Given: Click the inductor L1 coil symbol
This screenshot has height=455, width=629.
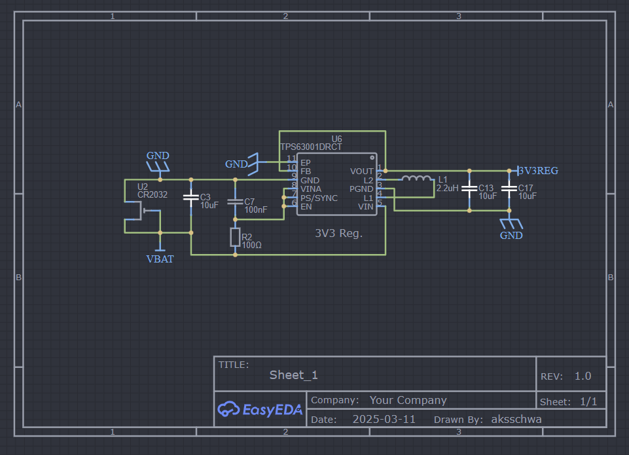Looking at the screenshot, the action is (417, 178).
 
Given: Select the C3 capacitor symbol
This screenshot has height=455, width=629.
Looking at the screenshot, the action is (191, 198).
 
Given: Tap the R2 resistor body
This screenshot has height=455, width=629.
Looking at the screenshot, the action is (235, 237).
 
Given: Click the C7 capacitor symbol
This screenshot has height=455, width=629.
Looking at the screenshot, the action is (235, 202).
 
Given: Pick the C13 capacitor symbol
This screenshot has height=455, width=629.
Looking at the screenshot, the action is (469, 188).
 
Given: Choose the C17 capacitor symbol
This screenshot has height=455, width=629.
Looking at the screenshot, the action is (509, 188).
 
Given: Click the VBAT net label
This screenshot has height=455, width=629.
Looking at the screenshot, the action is (160, 259).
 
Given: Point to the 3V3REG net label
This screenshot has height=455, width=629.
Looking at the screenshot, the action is (538, 170).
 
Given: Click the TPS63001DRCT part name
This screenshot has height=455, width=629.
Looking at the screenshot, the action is (311, 147).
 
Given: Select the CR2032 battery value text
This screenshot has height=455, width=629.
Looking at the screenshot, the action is (153, 194).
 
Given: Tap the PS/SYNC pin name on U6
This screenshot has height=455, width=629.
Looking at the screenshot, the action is (319, 198).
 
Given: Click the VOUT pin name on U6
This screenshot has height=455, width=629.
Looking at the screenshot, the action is (361, 172).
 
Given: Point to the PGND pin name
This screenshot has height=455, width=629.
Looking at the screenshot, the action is (361, 189).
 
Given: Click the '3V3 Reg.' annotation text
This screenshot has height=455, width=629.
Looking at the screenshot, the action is (338, 234).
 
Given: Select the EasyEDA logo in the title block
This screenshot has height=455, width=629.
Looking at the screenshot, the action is (260, 409).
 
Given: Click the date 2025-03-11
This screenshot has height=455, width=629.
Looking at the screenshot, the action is (384, 419).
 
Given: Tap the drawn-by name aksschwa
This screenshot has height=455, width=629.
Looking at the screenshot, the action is (516, 419).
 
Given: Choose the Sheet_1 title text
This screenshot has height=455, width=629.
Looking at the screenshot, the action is (294, 375).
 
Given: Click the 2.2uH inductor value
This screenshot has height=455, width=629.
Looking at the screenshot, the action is (447, 188).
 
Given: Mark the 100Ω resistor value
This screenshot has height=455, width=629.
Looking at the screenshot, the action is (251, 245).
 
